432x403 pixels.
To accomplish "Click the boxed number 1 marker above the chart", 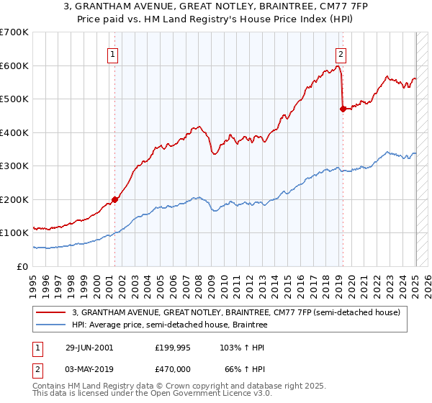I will (x=114, y=53).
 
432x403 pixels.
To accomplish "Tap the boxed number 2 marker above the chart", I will (x=340, y=53).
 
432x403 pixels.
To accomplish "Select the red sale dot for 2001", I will (x=114, y=199).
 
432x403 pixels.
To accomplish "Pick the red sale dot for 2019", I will (x=343, y=109).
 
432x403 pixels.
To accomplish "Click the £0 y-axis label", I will (x=24, y=266).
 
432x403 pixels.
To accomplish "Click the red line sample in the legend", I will (x=52, y=312).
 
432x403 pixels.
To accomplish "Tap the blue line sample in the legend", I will (x=52, y=325).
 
